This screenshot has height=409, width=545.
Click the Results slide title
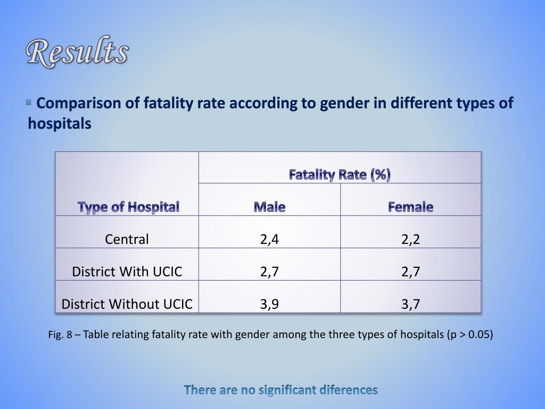78,53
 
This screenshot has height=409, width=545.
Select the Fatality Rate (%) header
340,175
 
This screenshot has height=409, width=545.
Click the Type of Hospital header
128,207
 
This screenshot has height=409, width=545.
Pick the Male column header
269,207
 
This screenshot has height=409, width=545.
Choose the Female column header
410,207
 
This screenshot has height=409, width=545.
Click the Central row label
127,239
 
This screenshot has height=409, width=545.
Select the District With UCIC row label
127,272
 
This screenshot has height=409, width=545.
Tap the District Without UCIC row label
127,304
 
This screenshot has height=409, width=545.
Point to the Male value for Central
269,239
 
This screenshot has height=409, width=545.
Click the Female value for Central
410,239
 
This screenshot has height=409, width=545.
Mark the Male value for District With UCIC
269,272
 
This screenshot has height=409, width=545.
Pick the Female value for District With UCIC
410,272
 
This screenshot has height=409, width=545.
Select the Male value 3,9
269,304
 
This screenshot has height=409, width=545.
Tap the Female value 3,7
410,304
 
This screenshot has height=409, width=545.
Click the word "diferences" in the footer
349,390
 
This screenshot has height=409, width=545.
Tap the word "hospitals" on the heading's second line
60,124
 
